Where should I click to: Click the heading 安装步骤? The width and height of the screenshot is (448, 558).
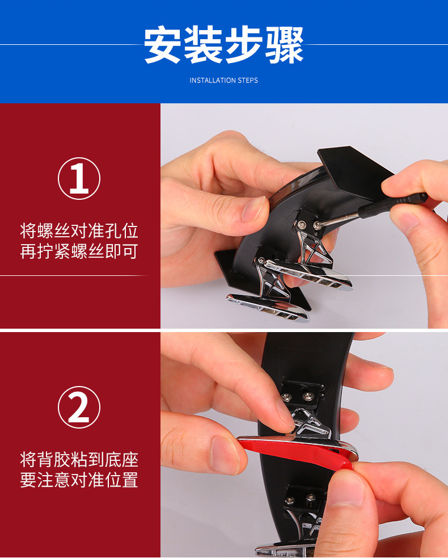pos(223,45)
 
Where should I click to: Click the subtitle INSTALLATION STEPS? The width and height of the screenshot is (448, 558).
pos(223,81)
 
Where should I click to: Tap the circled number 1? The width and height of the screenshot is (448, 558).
pos(79,178)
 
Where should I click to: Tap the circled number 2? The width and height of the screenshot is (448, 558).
pos(79,407)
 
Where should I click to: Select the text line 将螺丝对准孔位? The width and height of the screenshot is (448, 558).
pos(79,231)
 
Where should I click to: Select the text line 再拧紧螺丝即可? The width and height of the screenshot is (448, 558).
pos(79,251)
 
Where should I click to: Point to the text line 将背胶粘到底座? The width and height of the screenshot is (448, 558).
pos(79,459)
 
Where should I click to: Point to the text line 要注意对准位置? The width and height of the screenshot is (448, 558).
pos(79,480)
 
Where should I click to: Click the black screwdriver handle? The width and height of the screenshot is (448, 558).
pos(393,205)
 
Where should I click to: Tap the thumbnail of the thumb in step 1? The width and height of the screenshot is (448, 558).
pos(253,209)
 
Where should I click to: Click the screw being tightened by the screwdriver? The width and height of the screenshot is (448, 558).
pos(316,225)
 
